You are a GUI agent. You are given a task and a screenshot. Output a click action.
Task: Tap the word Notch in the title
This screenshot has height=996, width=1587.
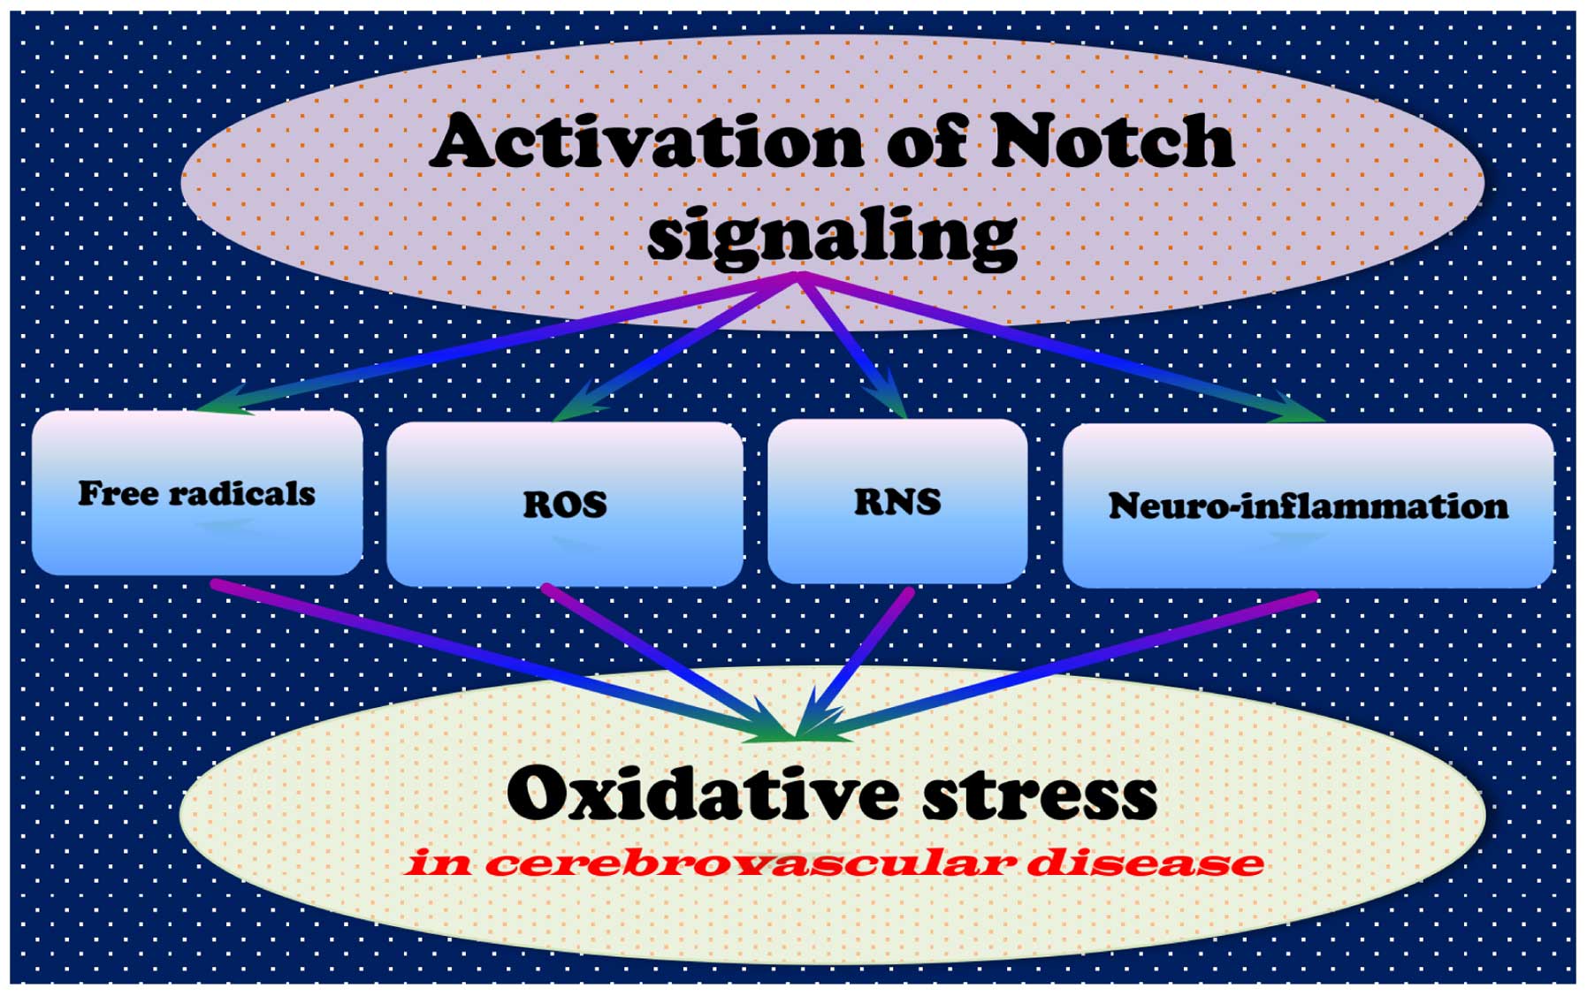1112,141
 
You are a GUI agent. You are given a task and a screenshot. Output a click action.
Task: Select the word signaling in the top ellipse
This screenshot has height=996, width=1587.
832,235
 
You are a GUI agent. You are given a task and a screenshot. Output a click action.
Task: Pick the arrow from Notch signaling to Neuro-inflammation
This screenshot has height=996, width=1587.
1061,345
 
